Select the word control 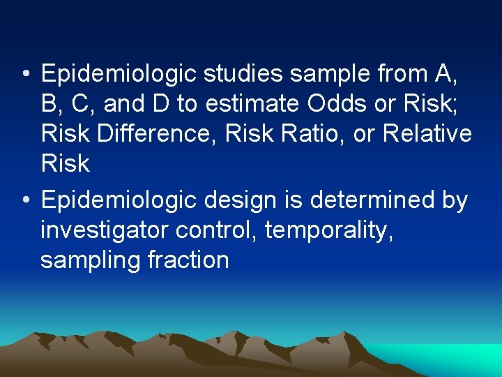coord(217,230)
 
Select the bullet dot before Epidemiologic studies coord(25,73)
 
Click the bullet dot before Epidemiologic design coord(25,200)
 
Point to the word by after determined coord(455,200)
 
